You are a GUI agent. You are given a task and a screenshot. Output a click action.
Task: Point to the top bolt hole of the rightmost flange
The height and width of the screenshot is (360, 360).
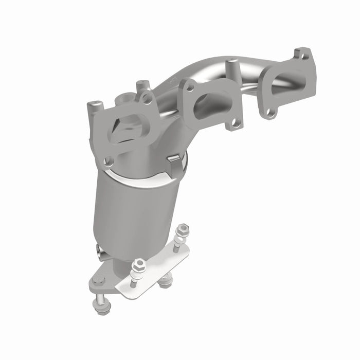[x=303, y=53]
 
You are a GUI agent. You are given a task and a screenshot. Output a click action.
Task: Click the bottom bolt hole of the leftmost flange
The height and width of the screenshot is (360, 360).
[x=108, y=161]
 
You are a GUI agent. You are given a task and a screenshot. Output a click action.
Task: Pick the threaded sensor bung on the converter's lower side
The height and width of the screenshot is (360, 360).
[x=99, y=250]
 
